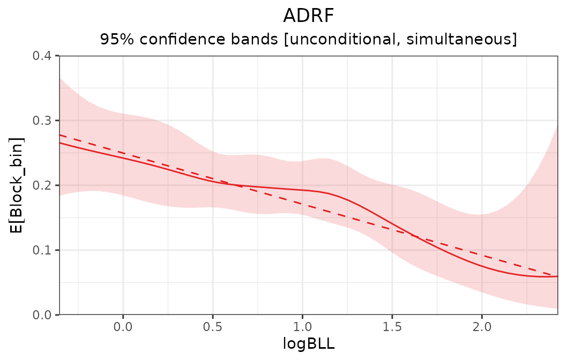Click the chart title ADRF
tap(308, 16)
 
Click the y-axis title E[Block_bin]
tap(17, 185)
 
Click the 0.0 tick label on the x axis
tap(123, 326)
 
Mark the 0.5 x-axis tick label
tap(213, 326)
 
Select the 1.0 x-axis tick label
tap(302, 326)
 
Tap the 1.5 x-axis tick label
tap(392, 326)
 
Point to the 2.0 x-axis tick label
tap(481, 326)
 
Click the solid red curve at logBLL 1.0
tap(302, 190)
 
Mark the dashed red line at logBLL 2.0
tap(481, 255)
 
